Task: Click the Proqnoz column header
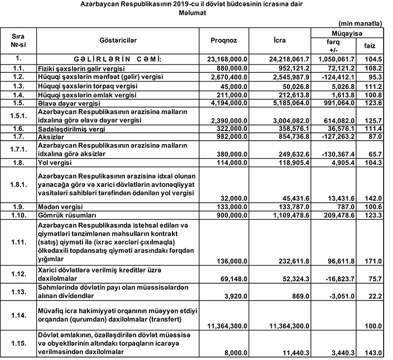[x=224, y=40]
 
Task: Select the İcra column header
[x=280, y=40]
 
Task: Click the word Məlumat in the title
[x=193, y=14]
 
